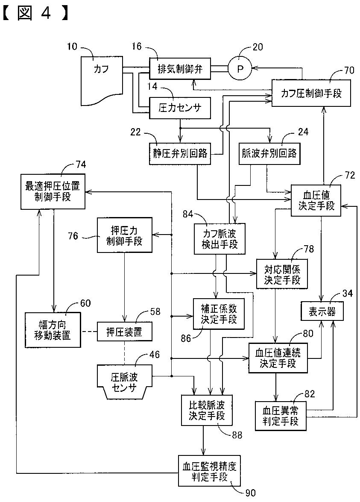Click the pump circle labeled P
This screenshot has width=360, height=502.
[240, 68]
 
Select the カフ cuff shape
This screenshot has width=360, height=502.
[102, 80]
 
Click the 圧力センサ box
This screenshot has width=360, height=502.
[180, 108]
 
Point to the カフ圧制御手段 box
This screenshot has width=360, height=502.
[311, 93]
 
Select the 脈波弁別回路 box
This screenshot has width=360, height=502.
[269, 153]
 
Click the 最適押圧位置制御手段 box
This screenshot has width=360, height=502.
[53, 191]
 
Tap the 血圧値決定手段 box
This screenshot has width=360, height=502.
[316, 200]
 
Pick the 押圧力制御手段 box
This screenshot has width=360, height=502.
[124, 235]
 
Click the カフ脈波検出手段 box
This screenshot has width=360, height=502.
[220, 239]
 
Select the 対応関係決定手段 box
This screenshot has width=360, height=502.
[282, 274]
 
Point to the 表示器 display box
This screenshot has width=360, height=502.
[322, 311]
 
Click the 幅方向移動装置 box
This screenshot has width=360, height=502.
[53, 330]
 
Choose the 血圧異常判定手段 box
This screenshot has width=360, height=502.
[281, 415]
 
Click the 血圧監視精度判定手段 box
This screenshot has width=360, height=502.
[209, 471]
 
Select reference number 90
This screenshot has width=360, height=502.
[249, 493]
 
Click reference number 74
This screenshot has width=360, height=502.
[81, 164]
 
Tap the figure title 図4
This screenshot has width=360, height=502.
[35, 14]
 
